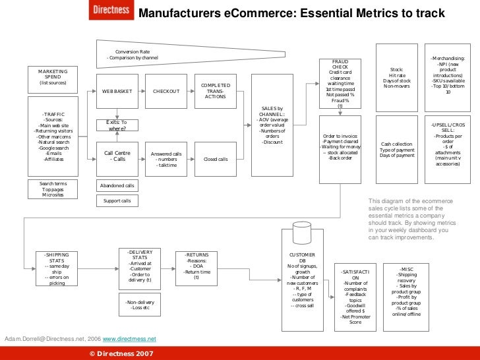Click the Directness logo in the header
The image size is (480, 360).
(111, 11)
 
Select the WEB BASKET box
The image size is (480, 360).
(117, 91)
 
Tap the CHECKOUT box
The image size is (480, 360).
(165, 91)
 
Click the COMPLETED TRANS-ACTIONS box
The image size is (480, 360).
(216, 91)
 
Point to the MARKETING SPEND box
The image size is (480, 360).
(53, 77)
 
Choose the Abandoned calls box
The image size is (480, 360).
(117, 186)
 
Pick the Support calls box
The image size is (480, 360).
(117, 200)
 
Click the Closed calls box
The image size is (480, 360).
(216, 159)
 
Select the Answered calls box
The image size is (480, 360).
(165, 159)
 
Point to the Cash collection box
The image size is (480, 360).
(396, 150)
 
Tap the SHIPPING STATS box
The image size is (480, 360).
(57, 268)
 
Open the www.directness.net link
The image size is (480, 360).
(129, 338)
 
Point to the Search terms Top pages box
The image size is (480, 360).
(53, 189)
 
